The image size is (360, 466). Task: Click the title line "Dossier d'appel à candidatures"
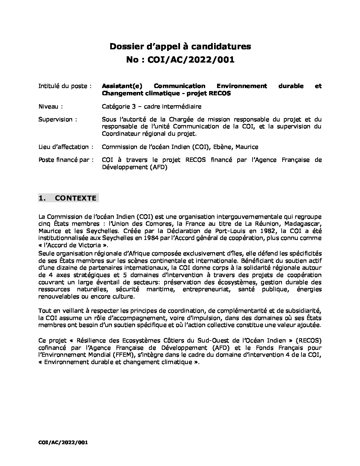[x=180, y=47]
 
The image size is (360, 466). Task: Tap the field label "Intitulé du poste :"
[x=65, y=86]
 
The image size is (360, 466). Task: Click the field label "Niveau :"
[x=51, y=106]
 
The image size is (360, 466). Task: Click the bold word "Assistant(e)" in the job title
[x=122, y=86]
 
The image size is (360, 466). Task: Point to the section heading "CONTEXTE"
[x=75, y=198]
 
